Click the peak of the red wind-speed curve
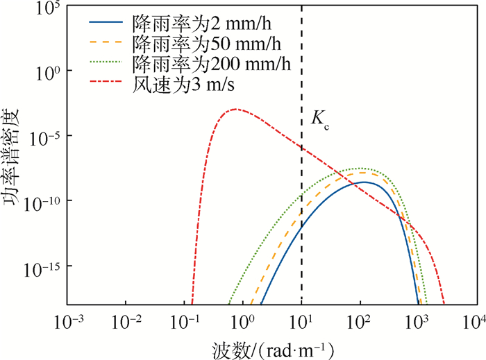pyautogui.click(x=235, y=109)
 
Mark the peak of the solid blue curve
pyautogui.click(x=362, y=182)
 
